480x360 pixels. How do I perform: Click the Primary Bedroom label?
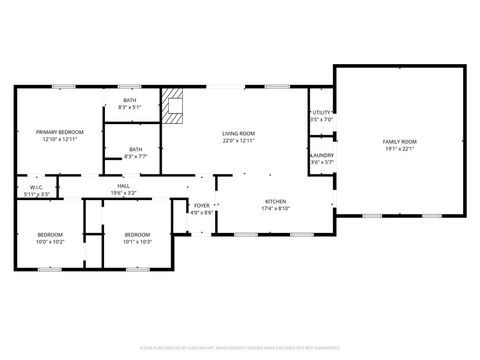click(x=60, y=132)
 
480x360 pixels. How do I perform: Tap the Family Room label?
click(x=399, y=142)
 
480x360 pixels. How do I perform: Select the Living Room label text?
click(x=238, y=133)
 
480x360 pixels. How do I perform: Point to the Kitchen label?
click(x=275, y=201)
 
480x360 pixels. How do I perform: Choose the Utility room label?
click(x=322, y=114)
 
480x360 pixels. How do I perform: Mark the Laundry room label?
click(x=322, y=155)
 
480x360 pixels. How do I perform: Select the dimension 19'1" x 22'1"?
click(x=399, y=149)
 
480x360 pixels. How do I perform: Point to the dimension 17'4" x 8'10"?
click(x=275, y=208)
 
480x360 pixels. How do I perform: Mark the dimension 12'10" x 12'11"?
click(x=60, y=139)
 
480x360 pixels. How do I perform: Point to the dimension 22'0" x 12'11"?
click(x=238, y=140)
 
